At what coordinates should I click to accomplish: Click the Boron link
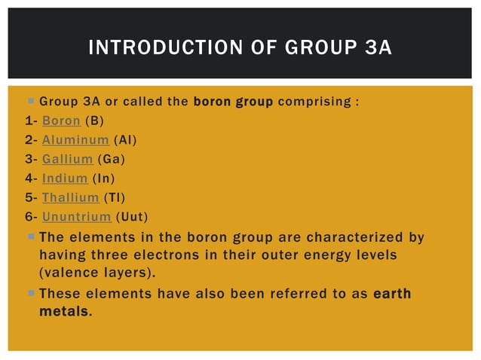[x=60, y=120]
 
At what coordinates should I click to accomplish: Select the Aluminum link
[x=75, y=139]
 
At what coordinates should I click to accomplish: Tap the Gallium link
[x=67, y=159]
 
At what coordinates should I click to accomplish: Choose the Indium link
[x=65, y=178]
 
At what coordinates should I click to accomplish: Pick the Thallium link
[x=70, y=198]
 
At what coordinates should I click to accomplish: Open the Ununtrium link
[x=75, y=218]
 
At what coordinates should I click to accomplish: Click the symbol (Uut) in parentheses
[x=131, y=218]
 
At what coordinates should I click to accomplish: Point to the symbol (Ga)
[x=111, y=159]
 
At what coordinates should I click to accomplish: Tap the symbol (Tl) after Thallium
[x=114, y=198]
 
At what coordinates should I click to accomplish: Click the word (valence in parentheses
[x=66, y=271]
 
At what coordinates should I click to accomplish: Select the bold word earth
[x=392, y=292]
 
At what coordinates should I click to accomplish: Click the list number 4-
[x=30, y=178]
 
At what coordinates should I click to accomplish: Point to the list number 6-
[x=30, y=218]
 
